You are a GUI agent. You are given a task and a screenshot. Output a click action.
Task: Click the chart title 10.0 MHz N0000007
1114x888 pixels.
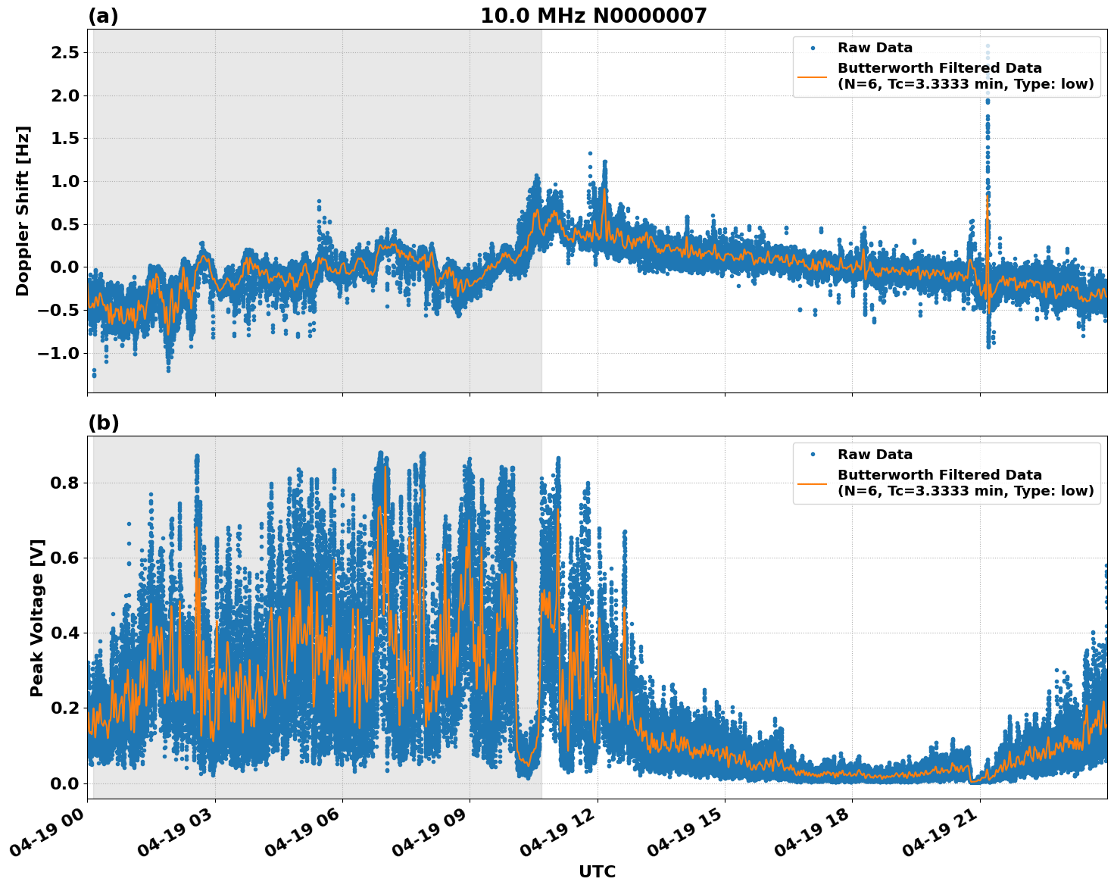[x=594, y=16]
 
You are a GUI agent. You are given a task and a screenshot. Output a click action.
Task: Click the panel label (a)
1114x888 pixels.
[x=103, y=16]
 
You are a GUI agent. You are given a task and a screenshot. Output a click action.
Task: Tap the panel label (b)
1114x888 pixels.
[x=103, y=423]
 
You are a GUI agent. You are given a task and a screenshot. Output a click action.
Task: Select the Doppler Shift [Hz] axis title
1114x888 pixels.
[x=23, y=211]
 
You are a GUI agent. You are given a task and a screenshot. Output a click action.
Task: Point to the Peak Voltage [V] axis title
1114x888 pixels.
[x=37, y=618]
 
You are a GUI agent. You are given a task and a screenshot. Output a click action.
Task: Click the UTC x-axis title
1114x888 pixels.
[x=597, y=871]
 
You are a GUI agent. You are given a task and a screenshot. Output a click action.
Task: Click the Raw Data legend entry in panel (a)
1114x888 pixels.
[x=875, y=48]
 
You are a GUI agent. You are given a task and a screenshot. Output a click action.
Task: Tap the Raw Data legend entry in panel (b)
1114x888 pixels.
[x=875, y=455]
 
